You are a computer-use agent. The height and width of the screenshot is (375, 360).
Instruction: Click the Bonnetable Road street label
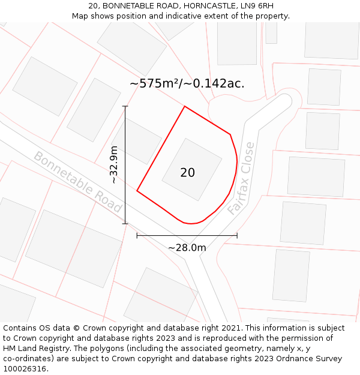[77, 182]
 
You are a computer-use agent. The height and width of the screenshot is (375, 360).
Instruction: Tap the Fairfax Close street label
[241, 179]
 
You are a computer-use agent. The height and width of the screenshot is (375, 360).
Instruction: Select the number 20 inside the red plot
[187, 173]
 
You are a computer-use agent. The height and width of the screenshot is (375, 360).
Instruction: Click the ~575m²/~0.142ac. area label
[187, 83]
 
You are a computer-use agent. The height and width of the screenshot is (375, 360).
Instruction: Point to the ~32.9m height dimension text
[113, 165]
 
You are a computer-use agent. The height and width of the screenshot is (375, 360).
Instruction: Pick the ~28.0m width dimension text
[187, 248]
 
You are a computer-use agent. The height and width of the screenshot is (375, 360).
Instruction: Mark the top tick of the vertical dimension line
[125, 107]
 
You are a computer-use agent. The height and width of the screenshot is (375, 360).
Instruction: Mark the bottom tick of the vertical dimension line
[125, 224]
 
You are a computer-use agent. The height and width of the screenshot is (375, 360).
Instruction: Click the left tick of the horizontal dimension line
[137, 235]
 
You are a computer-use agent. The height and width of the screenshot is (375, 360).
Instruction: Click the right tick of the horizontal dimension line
[237, 235]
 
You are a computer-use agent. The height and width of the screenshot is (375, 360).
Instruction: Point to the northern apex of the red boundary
[184, 107]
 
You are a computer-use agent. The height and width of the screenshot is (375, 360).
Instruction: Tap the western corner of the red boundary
[137, 191]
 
